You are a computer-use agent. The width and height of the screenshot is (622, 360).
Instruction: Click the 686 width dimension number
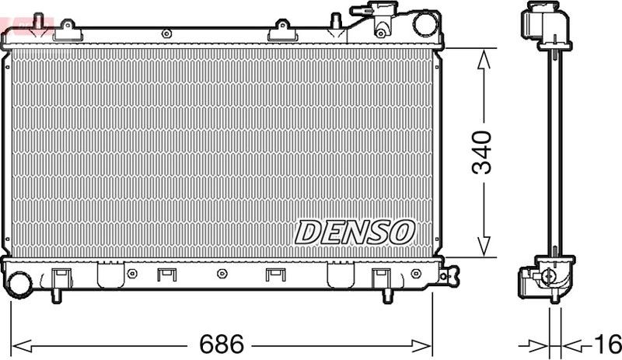click(x=222, y=343)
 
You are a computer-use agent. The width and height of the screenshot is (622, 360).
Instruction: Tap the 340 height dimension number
click(x=483, y=152)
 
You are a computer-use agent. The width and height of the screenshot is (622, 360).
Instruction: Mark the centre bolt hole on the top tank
click(x=166, y=33)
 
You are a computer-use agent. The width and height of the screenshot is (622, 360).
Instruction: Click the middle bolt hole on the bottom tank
click(x=222, y=274)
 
